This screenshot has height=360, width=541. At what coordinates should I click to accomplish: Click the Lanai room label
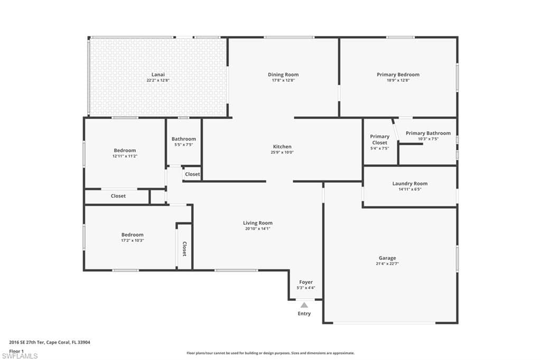(x=158, y=74)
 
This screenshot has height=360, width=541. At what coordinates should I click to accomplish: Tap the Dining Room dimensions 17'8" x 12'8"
(x=283, y=80)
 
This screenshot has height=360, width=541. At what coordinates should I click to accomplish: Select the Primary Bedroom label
(x=398, y=74)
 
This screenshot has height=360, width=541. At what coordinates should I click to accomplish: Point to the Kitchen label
(x=282, y=147)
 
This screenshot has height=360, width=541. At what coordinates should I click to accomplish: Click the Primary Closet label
(x=379, y=139)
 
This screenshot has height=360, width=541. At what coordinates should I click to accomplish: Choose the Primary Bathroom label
(x=428, y=133)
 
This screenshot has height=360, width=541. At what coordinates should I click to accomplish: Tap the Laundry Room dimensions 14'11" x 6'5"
(x=410, y=190)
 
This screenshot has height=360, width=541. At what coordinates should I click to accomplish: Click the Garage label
(x=387, y=258)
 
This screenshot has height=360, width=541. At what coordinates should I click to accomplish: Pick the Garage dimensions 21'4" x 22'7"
(x=387, y=264)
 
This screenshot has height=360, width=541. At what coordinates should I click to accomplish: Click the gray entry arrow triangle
(x=304, y=305)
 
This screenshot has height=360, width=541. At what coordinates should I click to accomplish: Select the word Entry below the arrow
(x=304, y=314)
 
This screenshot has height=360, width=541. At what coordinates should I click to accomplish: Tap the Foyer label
(x=306, y=282)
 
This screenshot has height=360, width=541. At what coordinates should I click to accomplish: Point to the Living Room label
(x=258, y=223)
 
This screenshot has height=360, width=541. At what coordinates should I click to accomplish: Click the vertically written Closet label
(x=184, y=249)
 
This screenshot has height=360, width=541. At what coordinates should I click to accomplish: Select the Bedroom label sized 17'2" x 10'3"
(x=132, y=234)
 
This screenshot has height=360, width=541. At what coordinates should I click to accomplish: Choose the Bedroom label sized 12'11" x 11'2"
(x=125, y=150)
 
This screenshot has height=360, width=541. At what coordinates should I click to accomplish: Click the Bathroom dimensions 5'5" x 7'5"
(x=183, y=145)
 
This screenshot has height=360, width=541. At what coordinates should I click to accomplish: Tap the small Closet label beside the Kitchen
(x=192, y=174)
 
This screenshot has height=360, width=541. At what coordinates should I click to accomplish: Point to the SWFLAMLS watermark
(x=20, y=356)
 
